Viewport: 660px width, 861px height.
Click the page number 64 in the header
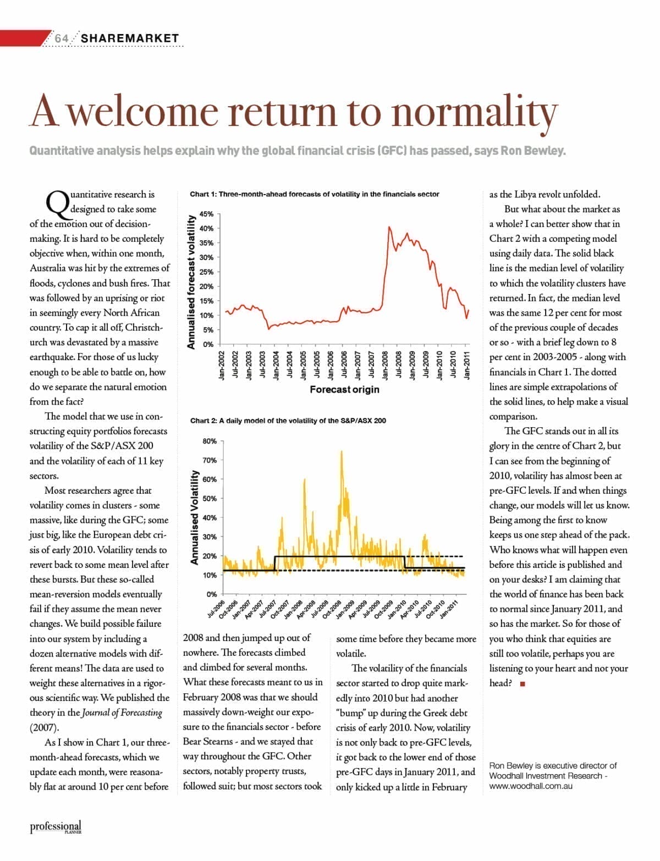62,38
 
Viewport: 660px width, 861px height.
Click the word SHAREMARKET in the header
130,38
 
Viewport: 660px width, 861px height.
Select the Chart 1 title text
315,194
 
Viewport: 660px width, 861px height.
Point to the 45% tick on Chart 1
207,214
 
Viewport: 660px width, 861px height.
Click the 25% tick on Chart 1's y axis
207,272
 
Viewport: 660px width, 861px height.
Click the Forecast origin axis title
344,389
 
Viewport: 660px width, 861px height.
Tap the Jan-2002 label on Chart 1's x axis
223,364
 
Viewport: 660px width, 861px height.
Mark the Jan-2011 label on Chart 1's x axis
467,364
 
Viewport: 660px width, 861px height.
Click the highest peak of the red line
389,227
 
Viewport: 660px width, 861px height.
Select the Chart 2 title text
288,421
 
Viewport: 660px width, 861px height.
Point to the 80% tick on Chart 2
210,441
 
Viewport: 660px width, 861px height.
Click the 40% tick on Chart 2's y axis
210,517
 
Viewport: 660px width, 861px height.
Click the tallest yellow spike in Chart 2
342,452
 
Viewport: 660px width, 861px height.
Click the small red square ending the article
522,684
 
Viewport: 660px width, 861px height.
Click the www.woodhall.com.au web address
531,786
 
